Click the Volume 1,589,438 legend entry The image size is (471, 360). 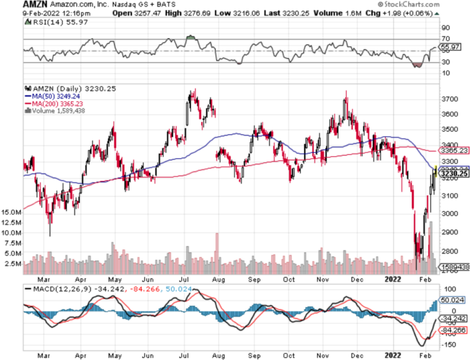coord(51,112)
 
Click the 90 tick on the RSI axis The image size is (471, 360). coord(446,28)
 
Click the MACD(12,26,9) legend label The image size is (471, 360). coord(55,289)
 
